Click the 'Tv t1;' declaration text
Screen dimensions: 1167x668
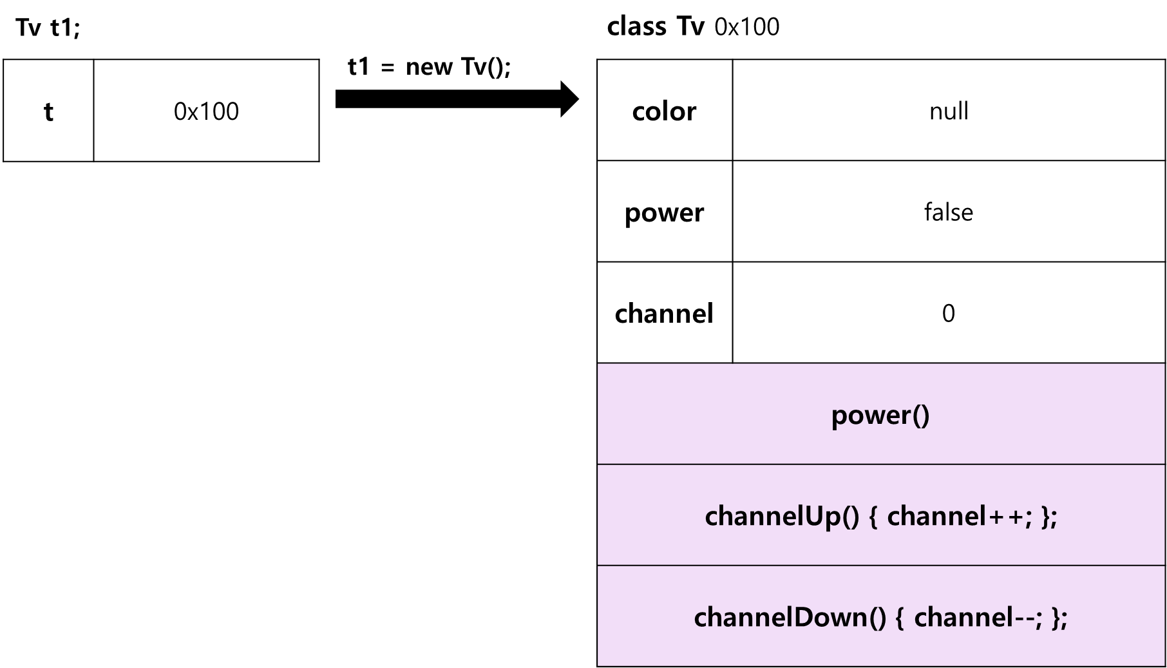pos(48,28)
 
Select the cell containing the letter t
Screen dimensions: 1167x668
pos(48,110)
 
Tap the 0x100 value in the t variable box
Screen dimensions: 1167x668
pos(206,111)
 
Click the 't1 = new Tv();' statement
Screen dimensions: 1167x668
pos(429,66)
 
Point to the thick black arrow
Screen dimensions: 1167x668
pos(457,99)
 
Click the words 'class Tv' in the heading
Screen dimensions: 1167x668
pos(656,26)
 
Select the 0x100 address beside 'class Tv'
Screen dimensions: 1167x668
pos(747,27)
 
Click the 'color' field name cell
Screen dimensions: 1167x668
pos(665,110)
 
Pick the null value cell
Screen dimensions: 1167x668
pos(949,110)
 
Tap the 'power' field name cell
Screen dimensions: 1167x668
pos(665,211)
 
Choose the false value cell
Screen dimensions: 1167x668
pos(949,211)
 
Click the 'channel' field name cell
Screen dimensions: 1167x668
pos(665,312)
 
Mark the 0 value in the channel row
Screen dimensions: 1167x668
pos(949,314)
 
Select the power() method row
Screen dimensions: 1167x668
pos(881,414)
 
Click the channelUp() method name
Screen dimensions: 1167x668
pos(783,516)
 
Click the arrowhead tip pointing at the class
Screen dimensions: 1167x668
pos(579,99)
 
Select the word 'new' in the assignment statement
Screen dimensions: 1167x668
pos(429,68)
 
